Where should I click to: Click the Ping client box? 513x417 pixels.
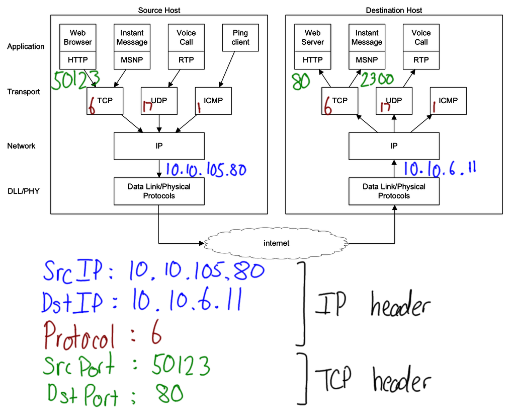point(240,38)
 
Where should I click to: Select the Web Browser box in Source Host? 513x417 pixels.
point(77,38)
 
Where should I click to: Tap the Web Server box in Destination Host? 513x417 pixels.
point(312,38)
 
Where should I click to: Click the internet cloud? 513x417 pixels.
point(277,243)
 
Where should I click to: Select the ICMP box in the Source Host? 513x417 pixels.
point(213,100)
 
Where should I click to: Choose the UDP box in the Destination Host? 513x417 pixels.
point(394,100)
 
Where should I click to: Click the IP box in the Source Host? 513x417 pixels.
point(159,146)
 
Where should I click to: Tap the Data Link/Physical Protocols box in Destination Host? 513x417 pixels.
point(394,191)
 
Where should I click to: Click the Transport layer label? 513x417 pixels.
point(24,92)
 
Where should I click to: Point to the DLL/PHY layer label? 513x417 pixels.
point(23,191)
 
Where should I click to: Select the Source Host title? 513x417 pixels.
point(159,10)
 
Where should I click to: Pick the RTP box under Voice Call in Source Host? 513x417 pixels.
point(186,60)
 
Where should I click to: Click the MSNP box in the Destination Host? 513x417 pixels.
point(367,60)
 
